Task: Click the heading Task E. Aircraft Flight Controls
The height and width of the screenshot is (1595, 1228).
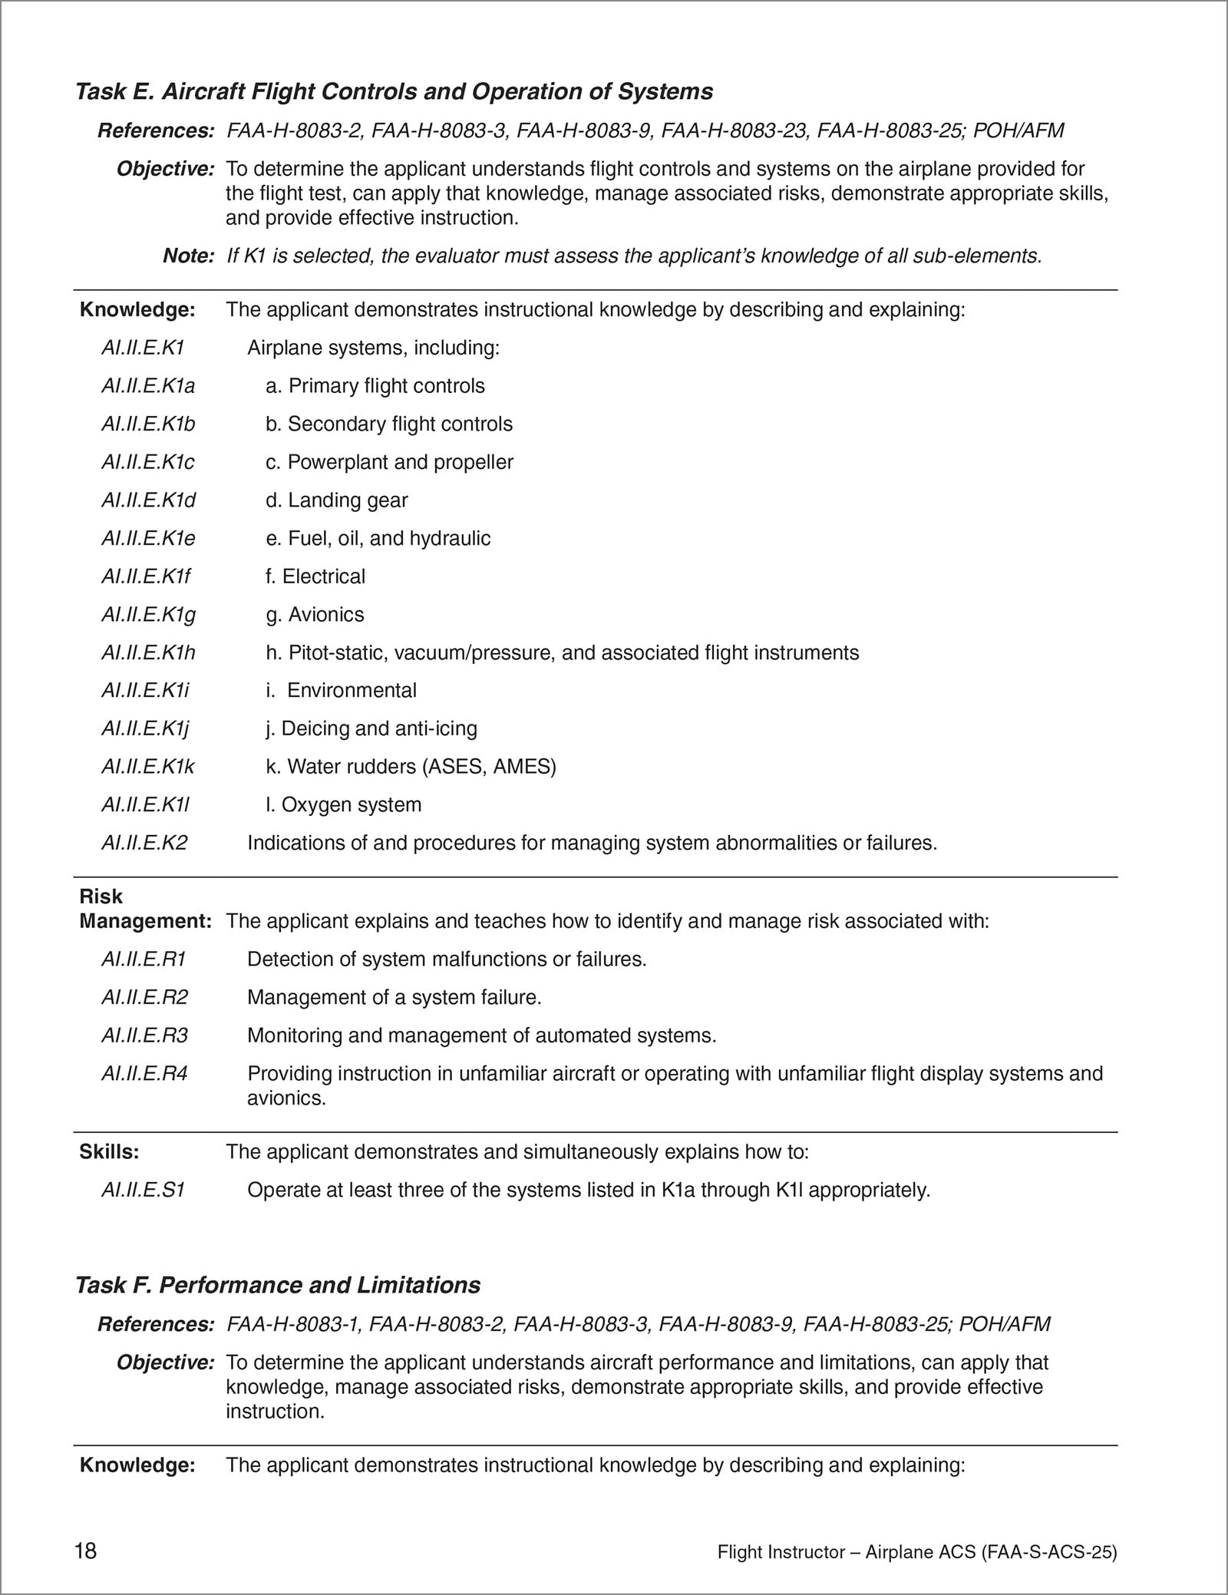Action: click(x=394, y=92)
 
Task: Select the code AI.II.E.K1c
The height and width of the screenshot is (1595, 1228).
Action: click(x=147, y=462)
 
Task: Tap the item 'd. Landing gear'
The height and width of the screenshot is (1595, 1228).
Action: click(x=336, y=500)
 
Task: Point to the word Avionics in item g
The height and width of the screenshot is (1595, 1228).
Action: click(x=326, y=615)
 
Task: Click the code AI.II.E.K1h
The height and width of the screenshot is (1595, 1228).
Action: click(x=148, y=652)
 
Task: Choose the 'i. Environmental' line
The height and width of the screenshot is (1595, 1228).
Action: click(x=341, y=690)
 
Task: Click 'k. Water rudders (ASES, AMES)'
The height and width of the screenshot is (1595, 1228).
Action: click(x=411, y=766)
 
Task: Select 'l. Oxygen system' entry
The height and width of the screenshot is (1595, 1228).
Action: click(x=343, y=804)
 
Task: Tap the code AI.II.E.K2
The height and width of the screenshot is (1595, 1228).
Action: click(x=144, y=843)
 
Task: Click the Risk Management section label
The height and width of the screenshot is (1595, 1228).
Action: click(x=144, y=909)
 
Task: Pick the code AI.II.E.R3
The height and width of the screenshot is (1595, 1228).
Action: click(x=144, y=1035)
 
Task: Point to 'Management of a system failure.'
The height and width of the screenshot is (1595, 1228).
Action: click(x=394, y=997)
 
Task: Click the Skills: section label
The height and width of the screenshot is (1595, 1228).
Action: click(x=109, y=1151)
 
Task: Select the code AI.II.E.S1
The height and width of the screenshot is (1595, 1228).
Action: click(x=144, y=1190)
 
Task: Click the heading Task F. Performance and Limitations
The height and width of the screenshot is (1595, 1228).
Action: click(x=278, y=1286)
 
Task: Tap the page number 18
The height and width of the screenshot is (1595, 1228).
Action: click(x=86, y=1550)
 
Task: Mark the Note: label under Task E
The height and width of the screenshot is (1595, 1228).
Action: click(x=188, y=256)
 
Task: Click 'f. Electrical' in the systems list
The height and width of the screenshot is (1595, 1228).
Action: click(x=315, y=576)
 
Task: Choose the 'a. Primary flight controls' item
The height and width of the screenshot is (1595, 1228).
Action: click(x=375, y=386)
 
